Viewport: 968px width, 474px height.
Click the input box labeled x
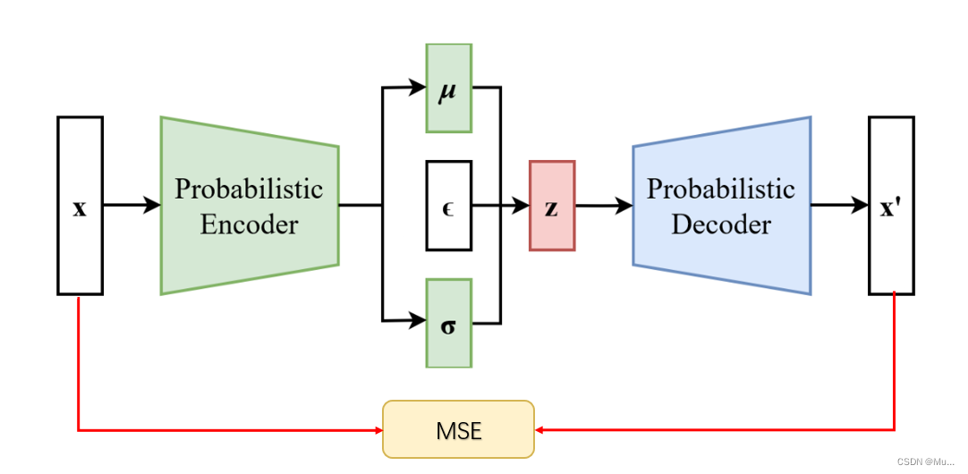pyautogui.click(x=80, y=206)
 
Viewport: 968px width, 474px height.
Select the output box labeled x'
pyautogui.click(x=891, y=206)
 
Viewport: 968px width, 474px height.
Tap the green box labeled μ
pyautogui.click(x=448, y=88)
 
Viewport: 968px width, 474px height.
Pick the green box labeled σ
pyautogui.click(x=448, y=323)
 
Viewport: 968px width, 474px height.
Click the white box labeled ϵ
pyautogui.click(x=448, y=206)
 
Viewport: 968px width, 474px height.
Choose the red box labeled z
pyautogui.click(x=551, y=206)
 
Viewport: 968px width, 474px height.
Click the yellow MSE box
pyautogui.click(x=458, y=429)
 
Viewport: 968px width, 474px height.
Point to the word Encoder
pyautogui.click(x=249, y=224)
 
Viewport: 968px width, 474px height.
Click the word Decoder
pyautogui.click(x=721, y=224)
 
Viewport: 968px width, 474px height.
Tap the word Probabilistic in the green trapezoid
pyautogui.click(x=249, y=190)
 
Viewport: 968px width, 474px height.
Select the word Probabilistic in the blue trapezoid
pyautogui.click(x=721, y=190)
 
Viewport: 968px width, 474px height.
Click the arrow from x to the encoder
pyautogui.click(x=132, y=206)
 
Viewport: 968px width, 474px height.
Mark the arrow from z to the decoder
pyautogui.click(x=604, y=206)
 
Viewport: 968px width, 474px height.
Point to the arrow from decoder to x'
pyautogui.click(x=839, y=206)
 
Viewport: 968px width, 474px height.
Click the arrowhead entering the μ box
pyautogui.click(x=418, y=88)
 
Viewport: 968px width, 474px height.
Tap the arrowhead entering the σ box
pyautogui.click(x=418, y=319)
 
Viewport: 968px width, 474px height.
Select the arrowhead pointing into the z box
pyautogui.click(x=521, y=206)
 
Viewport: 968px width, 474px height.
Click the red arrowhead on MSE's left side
pyautogui.click(x=377, y=430)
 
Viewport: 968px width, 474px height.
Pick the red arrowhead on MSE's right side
pyautogui.click(x=540, y=430)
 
